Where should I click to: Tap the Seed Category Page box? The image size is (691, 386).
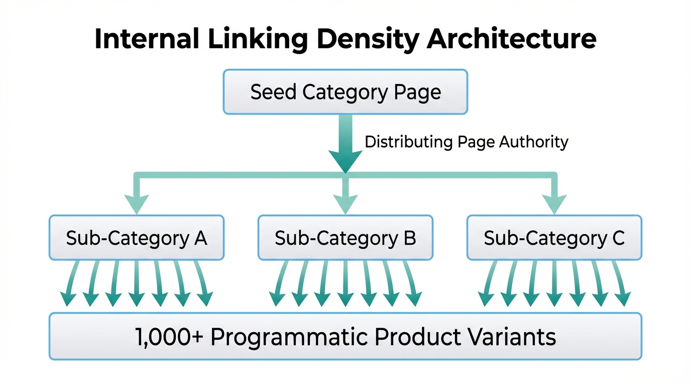pos(345,92)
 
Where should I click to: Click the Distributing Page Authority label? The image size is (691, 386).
pos(466,142)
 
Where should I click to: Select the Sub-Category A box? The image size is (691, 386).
pos(137,238)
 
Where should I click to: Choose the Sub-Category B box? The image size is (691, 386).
pos(345,238)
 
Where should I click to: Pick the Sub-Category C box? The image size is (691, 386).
pos(554,238)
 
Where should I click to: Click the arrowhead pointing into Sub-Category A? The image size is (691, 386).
pos(137,204)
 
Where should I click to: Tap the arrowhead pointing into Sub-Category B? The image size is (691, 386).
pos(345,204)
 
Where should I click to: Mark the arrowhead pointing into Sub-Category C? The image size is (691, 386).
pos(554,204)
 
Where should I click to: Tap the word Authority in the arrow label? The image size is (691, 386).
pos(533,142)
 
